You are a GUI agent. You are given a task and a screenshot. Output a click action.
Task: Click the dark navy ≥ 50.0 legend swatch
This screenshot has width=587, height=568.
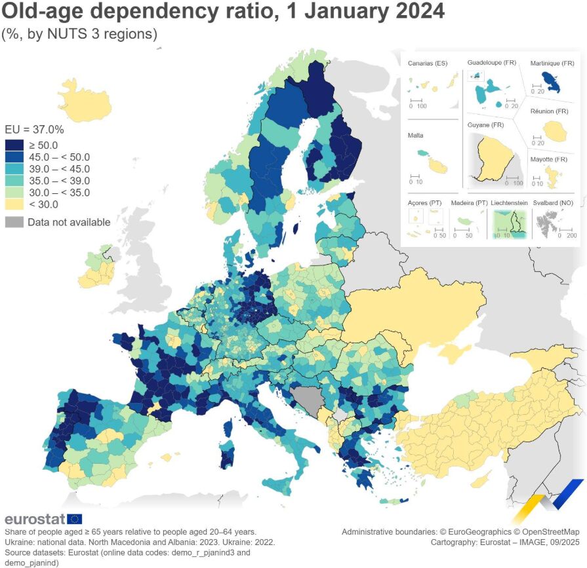13,145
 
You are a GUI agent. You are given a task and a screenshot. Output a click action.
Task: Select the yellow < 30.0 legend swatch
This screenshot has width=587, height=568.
13,204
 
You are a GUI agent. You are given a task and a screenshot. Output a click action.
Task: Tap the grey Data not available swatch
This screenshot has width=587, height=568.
13,222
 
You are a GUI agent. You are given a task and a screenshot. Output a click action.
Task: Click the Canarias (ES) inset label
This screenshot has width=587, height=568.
427,64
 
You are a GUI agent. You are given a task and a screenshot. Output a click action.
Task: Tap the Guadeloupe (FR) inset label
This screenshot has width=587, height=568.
492,62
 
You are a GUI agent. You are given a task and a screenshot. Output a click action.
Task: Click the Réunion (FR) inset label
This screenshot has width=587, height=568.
549,111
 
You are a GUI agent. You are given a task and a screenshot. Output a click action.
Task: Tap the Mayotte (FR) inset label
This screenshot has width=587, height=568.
550,159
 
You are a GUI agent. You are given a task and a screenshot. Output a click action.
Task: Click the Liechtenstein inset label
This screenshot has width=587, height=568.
510,203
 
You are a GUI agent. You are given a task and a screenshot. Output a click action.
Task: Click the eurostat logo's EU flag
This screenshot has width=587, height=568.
75,519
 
